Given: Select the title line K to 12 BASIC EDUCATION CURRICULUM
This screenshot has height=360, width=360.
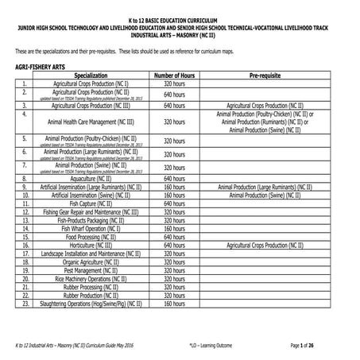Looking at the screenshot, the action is coord(180,17).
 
